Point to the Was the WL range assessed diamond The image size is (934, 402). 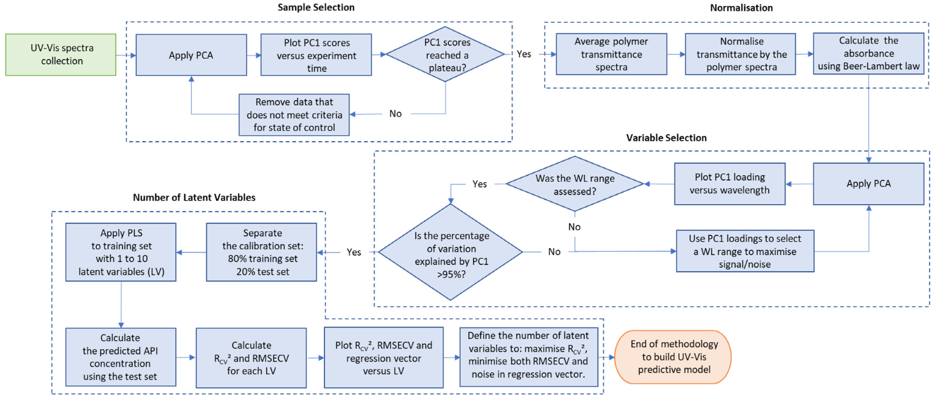[x=575, y=183]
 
